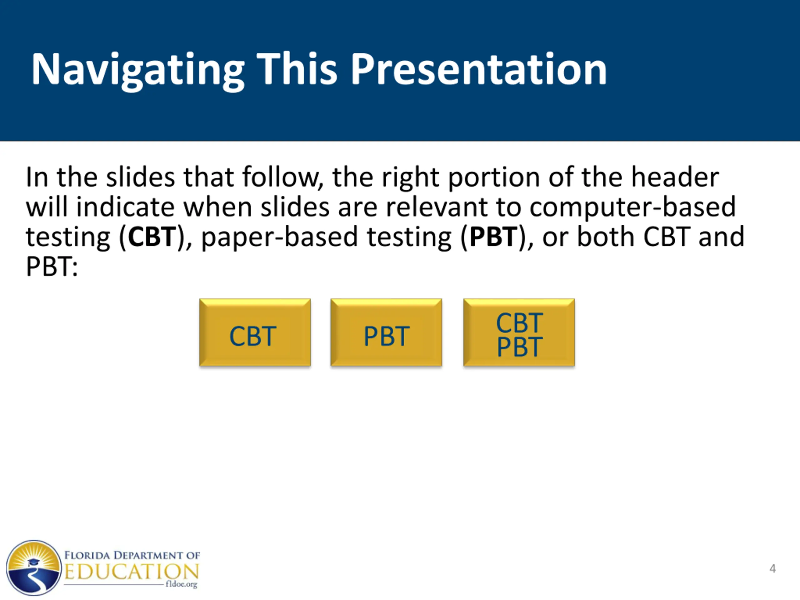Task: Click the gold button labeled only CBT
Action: (255, 332)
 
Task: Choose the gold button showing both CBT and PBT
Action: (519, 332)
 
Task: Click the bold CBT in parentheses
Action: (152, 237)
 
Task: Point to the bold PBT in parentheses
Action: (494, 237)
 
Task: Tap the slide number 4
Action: (772, 569)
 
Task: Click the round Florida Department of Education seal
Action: (34, 568)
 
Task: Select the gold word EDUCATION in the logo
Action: (132, 572)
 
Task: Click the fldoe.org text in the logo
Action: (182, 584)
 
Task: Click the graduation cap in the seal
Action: (32, 563)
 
